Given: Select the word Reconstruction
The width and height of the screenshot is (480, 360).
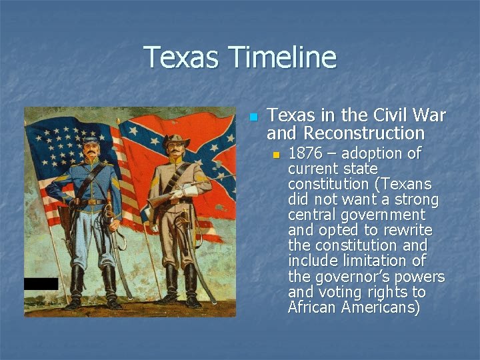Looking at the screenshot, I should (x=345, y=133).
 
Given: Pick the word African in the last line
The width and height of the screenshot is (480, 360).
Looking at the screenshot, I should (x=313, y=307).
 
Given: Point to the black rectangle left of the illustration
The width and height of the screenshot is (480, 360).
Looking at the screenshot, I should (x=41, y=283).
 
